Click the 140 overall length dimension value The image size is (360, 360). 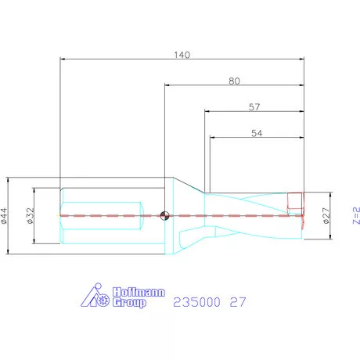pyautogui.click(x=182, y=55)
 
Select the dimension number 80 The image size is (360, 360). pyautogui.click(x=234, y=81)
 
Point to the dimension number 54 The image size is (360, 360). pyautogui.click(x=256, y=133)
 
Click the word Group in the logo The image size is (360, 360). pyautogui.click(x=129, y=302)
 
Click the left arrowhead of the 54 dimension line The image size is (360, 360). pyautogui.click(x=213, y=139)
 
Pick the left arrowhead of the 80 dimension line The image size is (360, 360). pyautogui.click(x=167, y=85)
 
